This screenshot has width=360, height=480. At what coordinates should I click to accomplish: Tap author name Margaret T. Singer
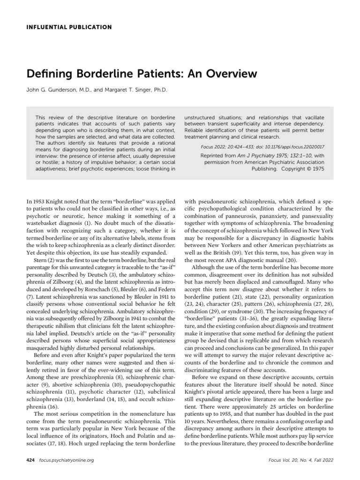point(127,89)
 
